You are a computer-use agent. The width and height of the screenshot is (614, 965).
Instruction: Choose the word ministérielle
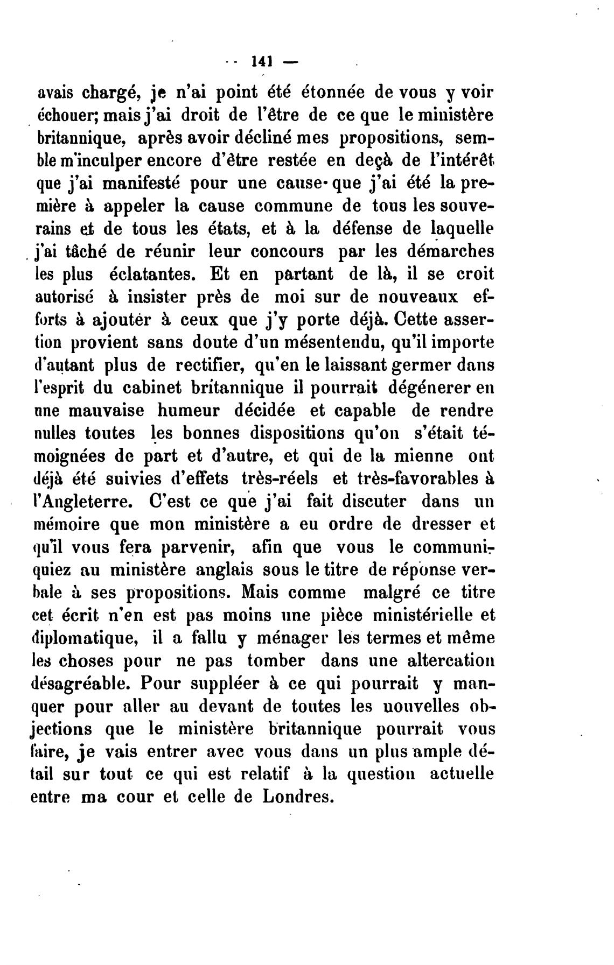tap(421, 615)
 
